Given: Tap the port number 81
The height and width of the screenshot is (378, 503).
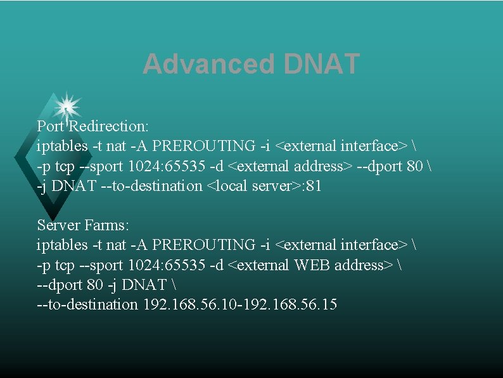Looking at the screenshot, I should [314, 186].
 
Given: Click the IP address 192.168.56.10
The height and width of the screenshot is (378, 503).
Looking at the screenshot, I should [189, 305].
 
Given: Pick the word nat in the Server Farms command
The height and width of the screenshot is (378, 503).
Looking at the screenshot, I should [116, 245].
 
